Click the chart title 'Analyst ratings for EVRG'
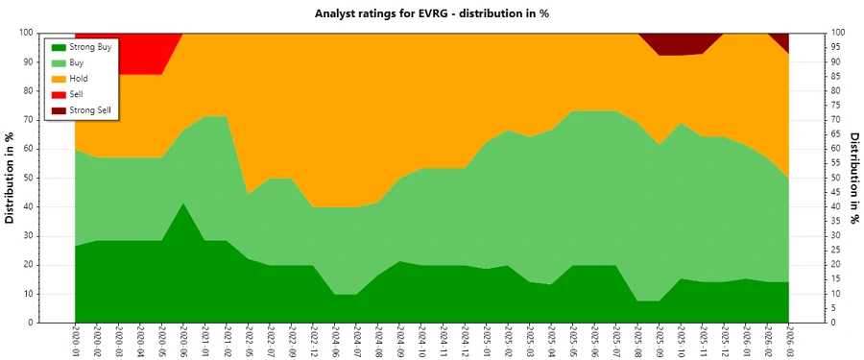point(431,13)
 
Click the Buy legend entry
point(77,61)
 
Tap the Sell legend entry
point(77,94)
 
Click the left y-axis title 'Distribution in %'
point(11,178)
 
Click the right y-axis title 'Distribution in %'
point(853,178)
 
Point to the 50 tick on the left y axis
point(29,178)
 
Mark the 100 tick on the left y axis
point(26,33)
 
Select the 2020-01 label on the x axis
point(75,344)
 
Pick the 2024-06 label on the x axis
point(335,344)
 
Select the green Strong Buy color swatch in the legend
point(58,45)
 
